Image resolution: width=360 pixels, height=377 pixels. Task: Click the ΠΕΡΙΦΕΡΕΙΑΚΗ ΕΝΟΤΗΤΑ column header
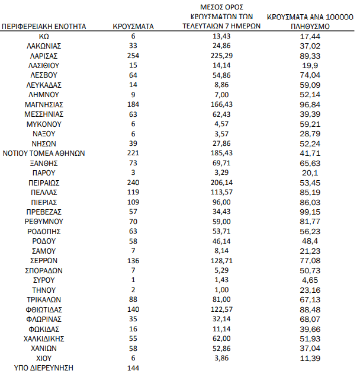44,27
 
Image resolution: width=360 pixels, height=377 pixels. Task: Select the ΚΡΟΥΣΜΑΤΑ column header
133,27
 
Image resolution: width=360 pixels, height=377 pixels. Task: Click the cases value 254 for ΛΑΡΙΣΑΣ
133,55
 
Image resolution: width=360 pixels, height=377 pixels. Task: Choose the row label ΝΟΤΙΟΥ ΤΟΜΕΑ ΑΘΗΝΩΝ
44,153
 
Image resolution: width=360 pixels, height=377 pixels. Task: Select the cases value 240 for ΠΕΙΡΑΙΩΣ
133,183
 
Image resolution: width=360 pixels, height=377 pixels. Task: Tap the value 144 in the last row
133,368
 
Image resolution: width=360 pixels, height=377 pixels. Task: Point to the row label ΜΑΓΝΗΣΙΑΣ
44,104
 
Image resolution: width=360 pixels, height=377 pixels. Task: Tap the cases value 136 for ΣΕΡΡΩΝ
133,260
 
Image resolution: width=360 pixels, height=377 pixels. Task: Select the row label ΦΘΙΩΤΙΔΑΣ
44,309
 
